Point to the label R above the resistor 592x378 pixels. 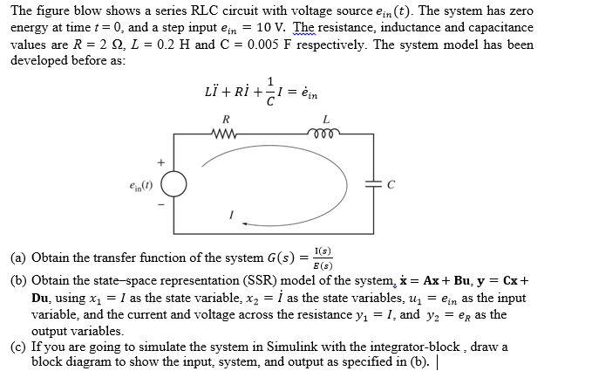tap(227, 118)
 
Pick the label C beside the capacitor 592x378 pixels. tap(390, 185)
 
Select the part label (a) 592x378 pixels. tap(19, 258)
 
